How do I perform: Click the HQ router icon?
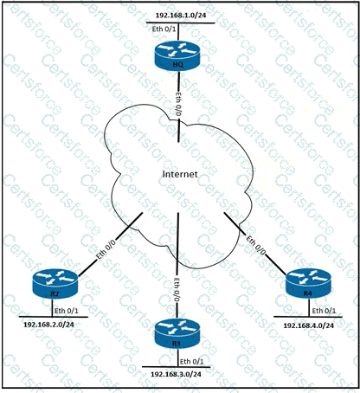click(x=177, y=55)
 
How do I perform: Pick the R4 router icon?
click(x=308, y=283)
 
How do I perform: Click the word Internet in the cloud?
click(x=180, y=174)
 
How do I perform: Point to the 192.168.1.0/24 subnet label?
click(x=181, y=16)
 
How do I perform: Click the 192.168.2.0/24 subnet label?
click(x=48, y=325)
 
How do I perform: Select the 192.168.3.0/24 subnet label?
click(x=176, y=374)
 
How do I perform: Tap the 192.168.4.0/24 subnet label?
click(x=308, y=325)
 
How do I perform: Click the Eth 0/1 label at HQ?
click(x=164, y=29)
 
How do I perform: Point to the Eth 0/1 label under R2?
click(x=67, y=311)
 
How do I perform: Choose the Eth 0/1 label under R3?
click(x=192, y=361)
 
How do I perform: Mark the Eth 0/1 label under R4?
click(x=324, y=311)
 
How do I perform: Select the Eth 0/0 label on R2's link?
click(x=106, y=249)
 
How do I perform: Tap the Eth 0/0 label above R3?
click(x=177, y=289)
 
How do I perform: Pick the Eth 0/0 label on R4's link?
click(x=255, y=245)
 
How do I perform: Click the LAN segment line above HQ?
click(x=180, y=23)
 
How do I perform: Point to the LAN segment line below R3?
click(x=176, y=367)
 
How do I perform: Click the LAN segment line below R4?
click(x=308, y=317)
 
